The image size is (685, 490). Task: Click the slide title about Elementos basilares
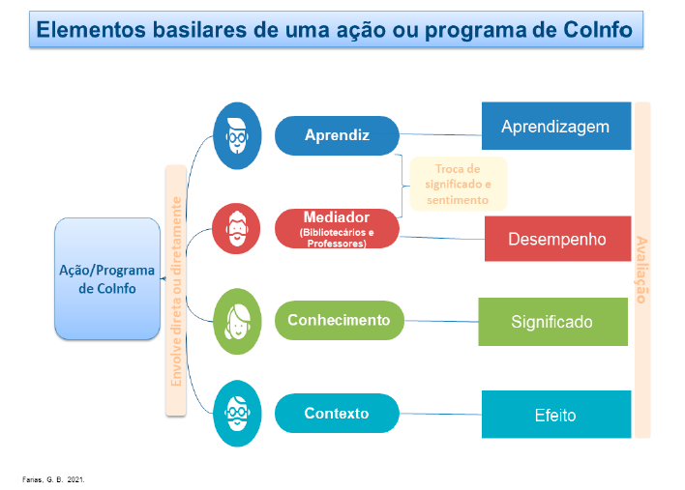334,30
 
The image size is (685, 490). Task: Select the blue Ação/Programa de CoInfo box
106,279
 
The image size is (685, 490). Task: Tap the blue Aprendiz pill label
337,135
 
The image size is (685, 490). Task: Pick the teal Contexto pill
337,413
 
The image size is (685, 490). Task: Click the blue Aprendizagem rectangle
555,127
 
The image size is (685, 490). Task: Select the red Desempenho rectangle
556,239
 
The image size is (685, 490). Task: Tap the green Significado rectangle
552,322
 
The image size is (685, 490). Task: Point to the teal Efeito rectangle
555,415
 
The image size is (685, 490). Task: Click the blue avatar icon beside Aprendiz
237,135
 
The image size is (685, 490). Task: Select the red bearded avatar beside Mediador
237,229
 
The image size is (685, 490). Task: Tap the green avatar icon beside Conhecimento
237,321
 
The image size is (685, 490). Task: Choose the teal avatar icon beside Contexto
237,414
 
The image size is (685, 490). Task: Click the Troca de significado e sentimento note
457,184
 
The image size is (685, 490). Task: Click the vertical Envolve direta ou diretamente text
176,291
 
